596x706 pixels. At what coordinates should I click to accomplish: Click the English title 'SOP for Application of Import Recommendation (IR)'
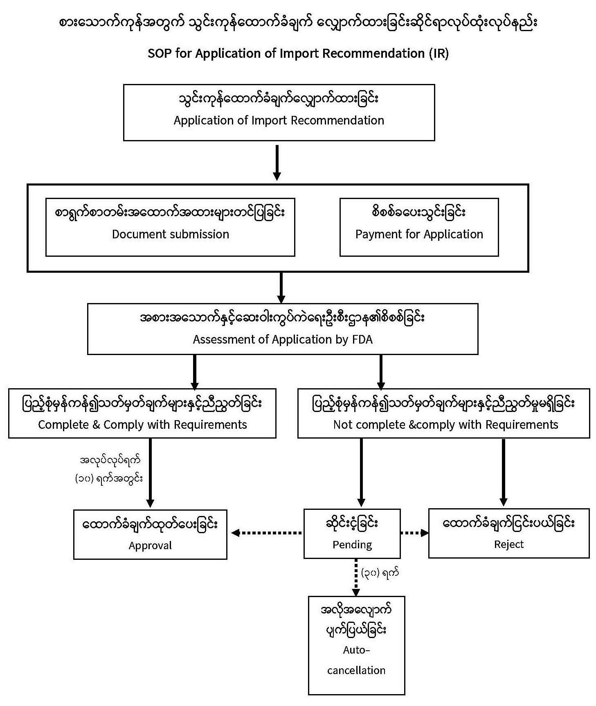(x=298, y=54)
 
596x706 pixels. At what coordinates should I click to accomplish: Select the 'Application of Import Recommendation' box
(x=279, y=112)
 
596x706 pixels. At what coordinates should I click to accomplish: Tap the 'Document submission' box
(x=170, y=227)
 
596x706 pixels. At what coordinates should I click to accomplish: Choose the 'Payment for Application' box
(x=419, y=227)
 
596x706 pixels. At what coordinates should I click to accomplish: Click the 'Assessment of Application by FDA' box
(x=282, y=328)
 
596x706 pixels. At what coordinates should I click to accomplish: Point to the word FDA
(x=362, y=339)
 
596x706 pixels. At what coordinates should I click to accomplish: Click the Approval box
(x=150, y=534)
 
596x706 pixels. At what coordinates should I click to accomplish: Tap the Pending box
(x=352, y=533)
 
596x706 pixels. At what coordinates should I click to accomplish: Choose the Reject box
(x=508, y=533)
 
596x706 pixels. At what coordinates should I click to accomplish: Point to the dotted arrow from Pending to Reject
(x=414, y=533)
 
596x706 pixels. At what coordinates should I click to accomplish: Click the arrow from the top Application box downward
(x=277, y=162)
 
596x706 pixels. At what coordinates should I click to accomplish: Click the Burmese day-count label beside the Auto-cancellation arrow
(x=380, y=572)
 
